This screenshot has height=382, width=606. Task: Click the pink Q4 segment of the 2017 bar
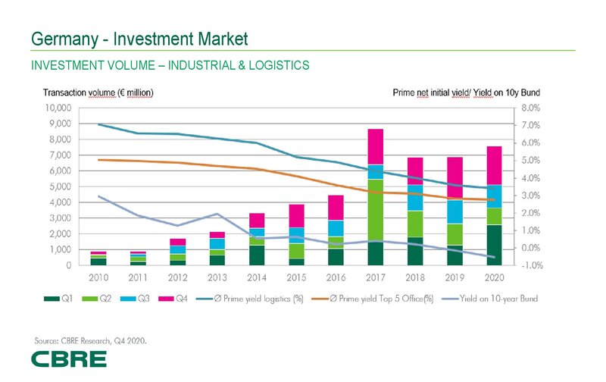coord(376,146)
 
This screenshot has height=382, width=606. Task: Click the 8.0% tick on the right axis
coord(529,108)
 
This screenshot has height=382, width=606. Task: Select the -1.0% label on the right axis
coord(528,265)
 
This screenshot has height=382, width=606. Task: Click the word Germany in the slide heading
coord(63,37)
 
